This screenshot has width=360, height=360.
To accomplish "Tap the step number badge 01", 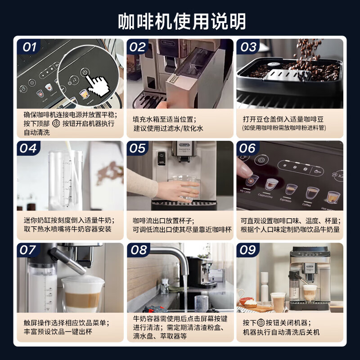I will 29,47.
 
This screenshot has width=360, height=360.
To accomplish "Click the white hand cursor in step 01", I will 97,84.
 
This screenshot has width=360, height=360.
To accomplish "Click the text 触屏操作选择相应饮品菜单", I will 67,323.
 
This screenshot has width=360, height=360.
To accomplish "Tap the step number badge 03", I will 248,47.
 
